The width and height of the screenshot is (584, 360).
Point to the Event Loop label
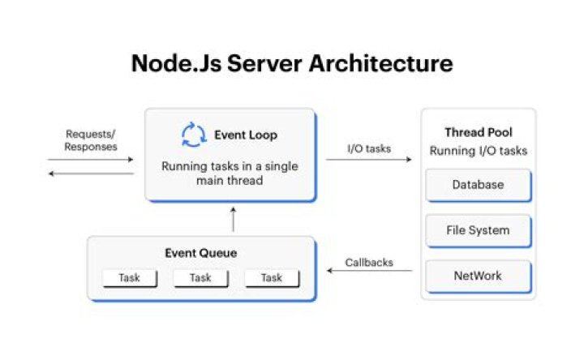[x=246, y=135]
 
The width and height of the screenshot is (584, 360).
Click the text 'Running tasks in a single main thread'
[x=230, y=174]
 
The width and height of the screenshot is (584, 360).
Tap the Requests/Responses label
[x=92, y=140]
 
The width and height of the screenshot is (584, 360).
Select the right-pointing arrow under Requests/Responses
[x=92, y=160]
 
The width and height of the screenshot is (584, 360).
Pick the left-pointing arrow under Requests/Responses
[x=92, y=174]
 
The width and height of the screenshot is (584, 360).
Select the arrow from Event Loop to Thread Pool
[x=369, y=160]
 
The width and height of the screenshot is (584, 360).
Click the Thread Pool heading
[x=479, y=132]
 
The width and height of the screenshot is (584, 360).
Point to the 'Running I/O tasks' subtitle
[x=479, y=150]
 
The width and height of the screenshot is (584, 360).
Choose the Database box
[x=478, y=185]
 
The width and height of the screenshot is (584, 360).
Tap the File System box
[x=478, y=230]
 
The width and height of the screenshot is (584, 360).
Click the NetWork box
[x=478, y=276]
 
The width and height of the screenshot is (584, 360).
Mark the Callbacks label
[x=369, y=262]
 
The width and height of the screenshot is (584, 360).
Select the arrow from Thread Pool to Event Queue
[x=369, y=271]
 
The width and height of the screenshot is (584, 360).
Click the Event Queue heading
[x=201, y=253]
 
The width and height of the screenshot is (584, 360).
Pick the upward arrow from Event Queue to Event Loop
[x=233, y=219]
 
